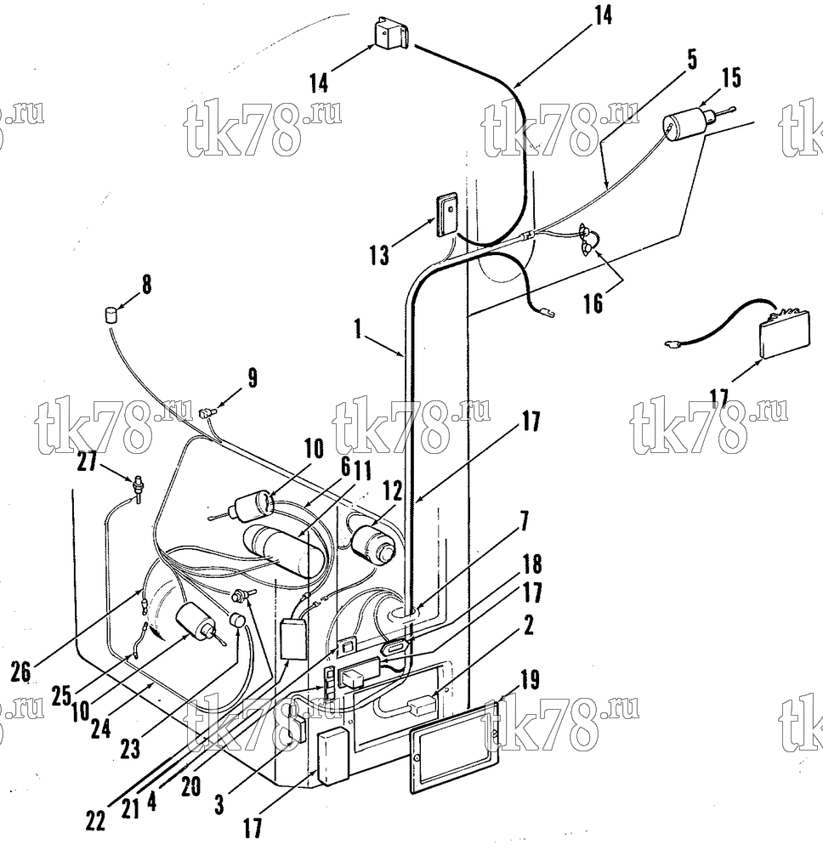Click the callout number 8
pos(147,284)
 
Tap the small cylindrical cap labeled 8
pos(111,314)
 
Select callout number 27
pos(88,462)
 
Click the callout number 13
pos(379,254)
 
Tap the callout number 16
pos(593,303)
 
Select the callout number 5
pos(691,59)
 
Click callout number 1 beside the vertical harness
pos(359,328)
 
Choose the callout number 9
pos(253,378)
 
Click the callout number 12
pos(393,491)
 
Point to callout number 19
pos(531,680)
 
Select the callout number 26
pos(20,672)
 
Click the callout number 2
pos(527,626)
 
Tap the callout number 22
pos(96,822)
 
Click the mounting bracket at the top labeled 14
pos(391,37)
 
